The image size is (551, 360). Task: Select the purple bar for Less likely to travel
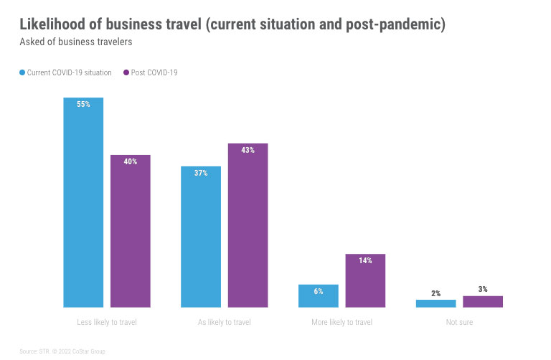[x=130, y=233]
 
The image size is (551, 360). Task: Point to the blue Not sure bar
[x=435, y=303]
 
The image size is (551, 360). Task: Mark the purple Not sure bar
[x=483, y=302]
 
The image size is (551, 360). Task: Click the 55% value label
[x=83, y=104]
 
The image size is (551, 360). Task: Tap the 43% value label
[x=248, y=150]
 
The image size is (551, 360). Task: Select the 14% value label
[x=365, y=260]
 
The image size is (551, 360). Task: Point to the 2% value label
[x=435, y=293]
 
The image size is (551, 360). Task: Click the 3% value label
[x=483, y=289]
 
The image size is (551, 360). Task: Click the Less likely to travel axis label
[x=106, y=323]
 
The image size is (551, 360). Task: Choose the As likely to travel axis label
[x=224, y=323]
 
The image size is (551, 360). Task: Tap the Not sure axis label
[x=459, y=323]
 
